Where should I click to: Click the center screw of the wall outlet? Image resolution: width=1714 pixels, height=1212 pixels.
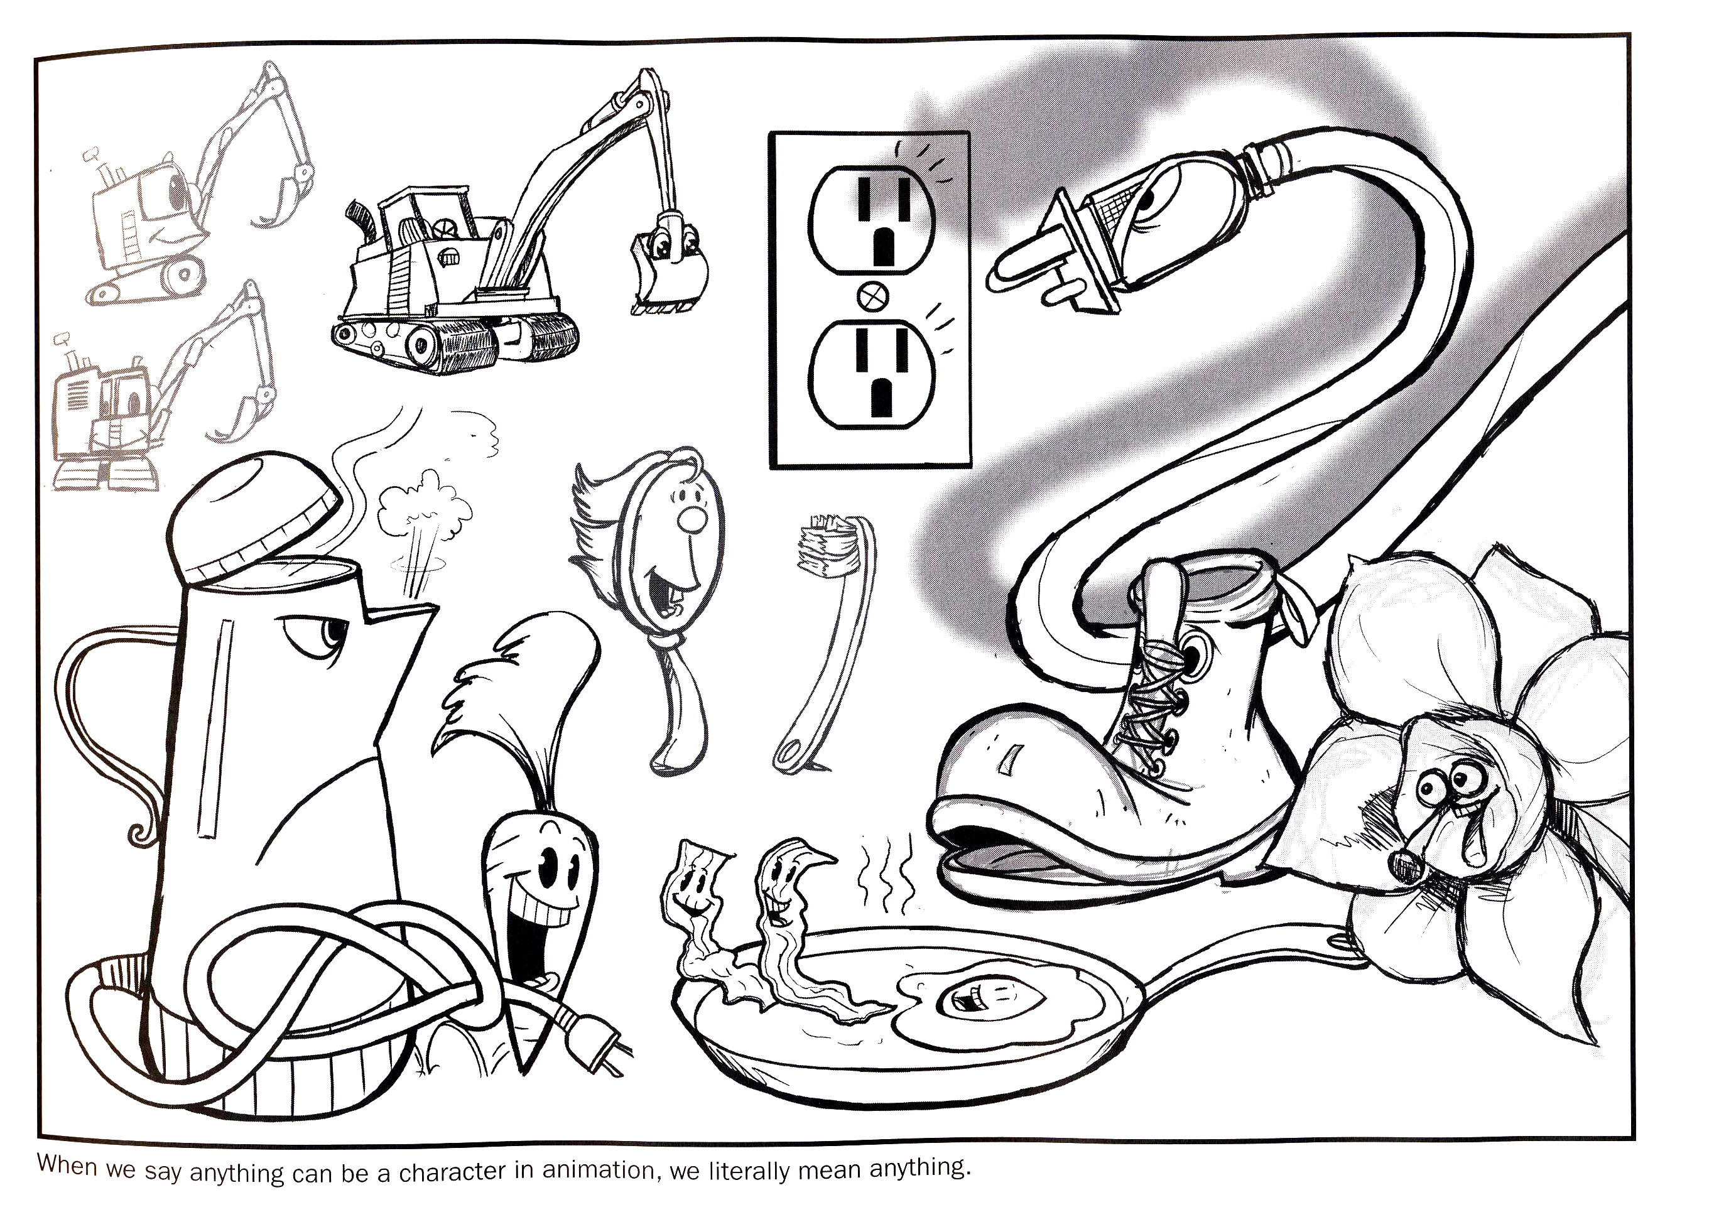(872, 296)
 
